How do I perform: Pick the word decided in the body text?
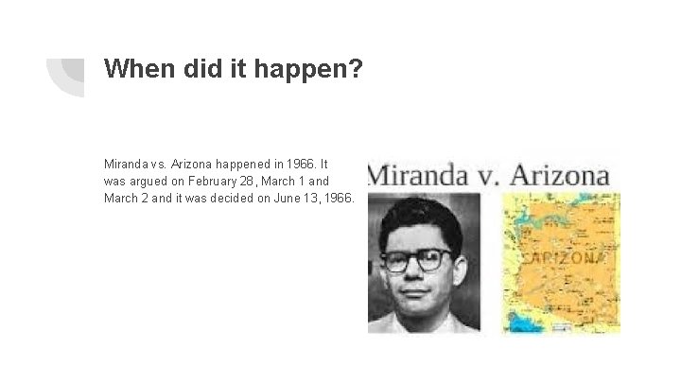(234, 198)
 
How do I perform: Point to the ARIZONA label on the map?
(567, 257)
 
